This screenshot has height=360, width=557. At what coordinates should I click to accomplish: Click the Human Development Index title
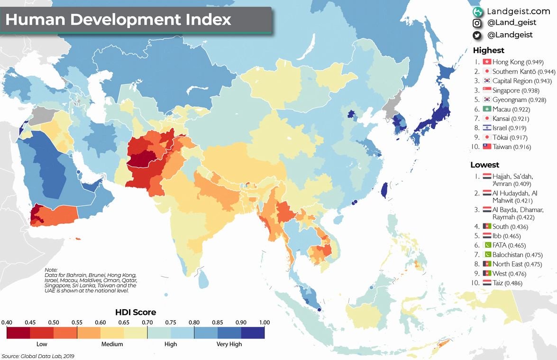click(118, 20)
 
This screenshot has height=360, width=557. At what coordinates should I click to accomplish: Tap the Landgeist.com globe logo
click(477, 11)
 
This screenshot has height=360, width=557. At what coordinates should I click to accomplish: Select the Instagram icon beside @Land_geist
click(477, 23)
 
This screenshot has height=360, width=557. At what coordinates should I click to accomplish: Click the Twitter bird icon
click(477, 35)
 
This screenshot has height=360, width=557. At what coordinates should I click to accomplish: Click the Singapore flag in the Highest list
click(486, 90)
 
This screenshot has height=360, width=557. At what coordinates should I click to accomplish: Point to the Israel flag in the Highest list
click(486, 128)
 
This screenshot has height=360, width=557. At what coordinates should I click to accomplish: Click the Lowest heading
click(484, 165)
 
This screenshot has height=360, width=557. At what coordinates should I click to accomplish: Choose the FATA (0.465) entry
click(509, 245)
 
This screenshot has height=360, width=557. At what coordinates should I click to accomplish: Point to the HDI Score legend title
click(136, 313)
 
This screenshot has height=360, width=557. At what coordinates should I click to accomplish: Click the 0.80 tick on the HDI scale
click(194, 323)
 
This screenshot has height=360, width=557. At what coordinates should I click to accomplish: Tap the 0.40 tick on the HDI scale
click(7, 323)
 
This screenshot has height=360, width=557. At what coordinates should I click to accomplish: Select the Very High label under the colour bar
click(229, 344)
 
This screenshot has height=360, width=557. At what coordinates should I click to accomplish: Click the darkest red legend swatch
click(18, 332)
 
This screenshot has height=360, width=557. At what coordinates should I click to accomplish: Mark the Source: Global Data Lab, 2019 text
click(38, 356)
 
